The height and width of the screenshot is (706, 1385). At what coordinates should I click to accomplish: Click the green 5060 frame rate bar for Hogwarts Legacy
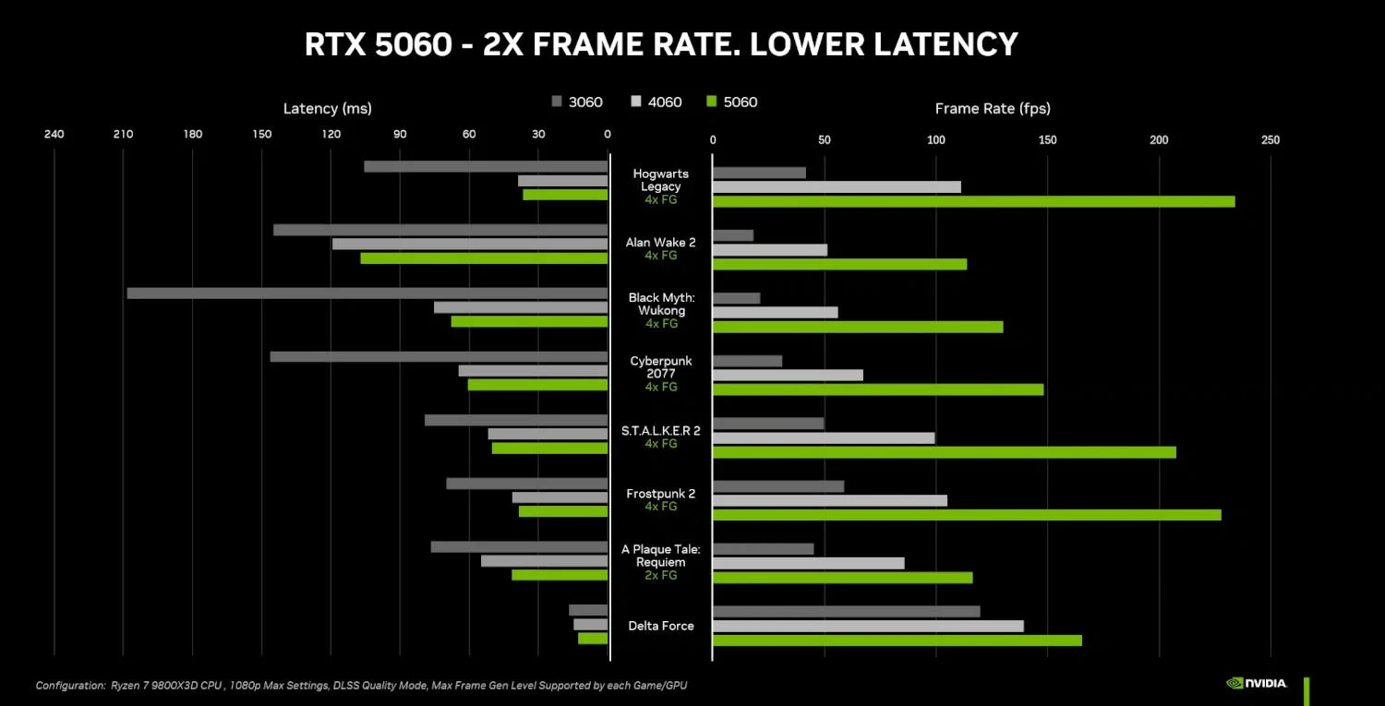coord(973,201)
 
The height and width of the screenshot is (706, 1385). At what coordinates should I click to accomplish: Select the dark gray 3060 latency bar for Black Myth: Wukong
coord(367,293)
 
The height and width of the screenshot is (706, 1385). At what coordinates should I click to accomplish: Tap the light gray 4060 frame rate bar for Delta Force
coord(868,626)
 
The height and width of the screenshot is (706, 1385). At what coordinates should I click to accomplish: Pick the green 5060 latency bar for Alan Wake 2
coord(484,258)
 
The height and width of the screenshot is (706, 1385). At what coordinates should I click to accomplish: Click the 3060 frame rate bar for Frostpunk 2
coord(778,486)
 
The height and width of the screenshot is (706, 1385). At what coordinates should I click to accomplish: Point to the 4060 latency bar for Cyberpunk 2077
coord(533,371)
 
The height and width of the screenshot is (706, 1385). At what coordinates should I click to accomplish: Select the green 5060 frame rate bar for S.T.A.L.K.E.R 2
coord(944,452)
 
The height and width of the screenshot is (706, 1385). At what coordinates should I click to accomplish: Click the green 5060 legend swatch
coord(711,102)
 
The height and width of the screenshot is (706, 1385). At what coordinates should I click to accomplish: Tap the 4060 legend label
coord(665,102)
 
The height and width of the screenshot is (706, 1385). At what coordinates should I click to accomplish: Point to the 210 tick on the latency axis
coord(123,135)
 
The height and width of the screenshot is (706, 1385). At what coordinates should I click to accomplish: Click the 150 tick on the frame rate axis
coord(1047,140)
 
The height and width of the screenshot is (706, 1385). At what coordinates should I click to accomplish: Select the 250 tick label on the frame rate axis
coord(1271,140)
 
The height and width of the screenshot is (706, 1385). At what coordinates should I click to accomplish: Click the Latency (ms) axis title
coord(327,109)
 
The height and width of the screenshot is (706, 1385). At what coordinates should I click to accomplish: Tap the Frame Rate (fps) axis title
coord(993,109)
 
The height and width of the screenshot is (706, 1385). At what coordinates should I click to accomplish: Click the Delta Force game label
coord(661,626)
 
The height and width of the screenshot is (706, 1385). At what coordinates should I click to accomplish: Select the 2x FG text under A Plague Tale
coord(661,575)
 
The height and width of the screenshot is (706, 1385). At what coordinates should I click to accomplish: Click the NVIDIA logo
coord(1257,684)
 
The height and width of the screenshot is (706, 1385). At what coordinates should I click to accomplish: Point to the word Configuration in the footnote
coord(70,686)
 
